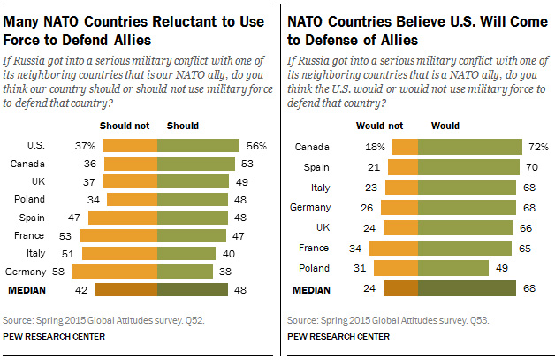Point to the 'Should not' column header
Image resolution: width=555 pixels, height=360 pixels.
124,126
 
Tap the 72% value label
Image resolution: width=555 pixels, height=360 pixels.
539,146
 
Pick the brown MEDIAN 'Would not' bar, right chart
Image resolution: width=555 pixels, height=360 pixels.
405,288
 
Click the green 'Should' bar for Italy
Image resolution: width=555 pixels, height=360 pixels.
186,253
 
